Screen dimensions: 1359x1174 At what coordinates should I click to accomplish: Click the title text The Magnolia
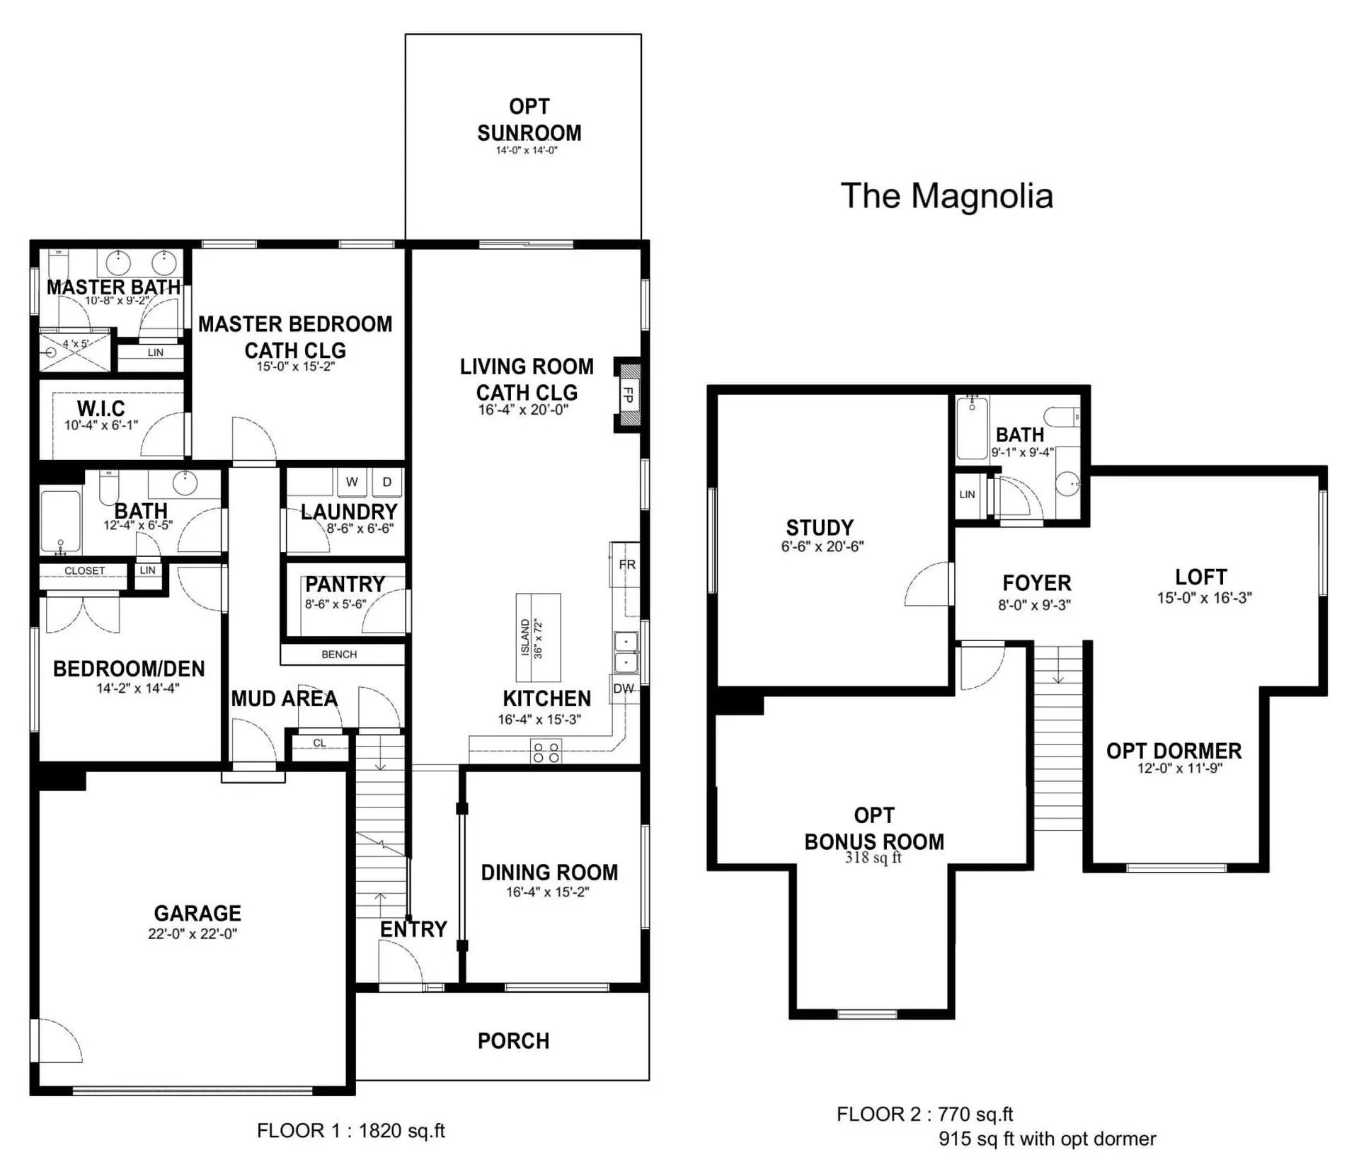point(946,196)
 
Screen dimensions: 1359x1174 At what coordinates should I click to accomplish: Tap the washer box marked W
point(352,482)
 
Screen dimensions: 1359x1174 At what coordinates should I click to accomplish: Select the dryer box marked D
point(387,482)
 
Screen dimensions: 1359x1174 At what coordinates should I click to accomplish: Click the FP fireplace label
point(627,395)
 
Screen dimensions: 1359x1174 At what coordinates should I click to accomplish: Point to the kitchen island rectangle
point(538,638)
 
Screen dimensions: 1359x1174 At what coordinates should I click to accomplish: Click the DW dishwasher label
point(624,689)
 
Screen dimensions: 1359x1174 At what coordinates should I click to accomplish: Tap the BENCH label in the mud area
point(339,655)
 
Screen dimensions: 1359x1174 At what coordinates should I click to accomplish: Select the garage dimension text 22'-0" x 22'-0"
point(193,934)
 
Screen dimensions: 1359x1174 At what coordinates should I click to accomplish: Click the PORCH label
point(514,1041)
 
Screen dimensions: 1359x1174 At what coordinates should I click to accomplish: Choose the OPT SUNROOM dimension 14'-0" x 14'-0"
point(527,151)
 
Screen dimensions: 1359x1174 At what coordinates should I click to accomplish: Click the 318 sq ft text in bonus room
point(873,858)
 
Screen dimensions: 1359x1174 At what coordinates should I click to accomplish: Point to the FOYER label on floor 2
point(1037,583)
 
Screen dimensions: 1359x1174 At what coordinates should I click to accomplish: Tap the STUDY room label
point(820,528)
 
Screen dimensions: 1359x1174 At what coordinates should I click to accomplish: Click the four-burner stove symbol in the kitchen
point(546,752)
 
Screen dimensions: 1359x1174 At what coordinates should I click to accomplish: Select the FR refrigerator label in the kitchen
point(627,565)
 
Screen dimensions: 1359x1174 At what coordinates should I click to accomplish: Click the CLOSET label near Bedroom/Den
point(84,570)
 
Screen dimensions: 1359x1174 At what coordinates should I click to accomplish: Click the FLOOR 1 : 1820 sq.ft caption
point(351,1131)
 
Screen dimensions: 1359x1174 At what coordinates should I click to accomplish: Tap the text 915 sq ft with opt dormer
point(1048,1139)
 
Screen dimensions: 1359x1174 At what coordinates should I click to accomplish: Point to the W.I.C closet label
point(101,408)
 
